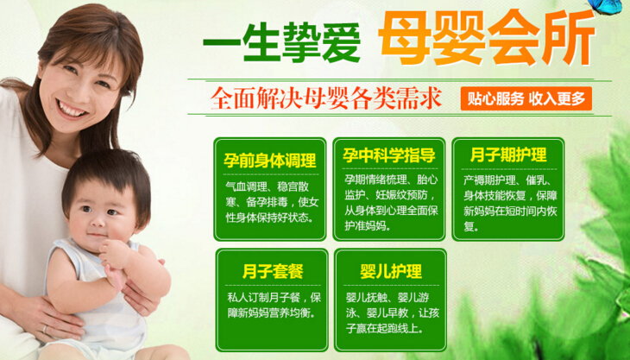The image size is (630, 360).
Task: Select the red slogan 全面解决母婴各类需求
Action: click(x=326, y=98)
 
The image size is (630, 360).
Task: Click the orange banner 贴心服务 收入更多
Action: click(x=526, y=98)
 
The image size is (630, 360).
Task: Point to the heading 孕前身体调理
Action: click(x=270, y=161)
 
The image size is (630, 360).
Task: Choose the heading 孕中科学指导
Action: click(x=389, y=155)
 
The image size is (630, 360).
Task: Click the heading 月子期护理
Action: click(x=508, y=155)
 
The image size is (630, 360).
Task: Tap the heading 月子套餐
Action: click(x=273, y=271)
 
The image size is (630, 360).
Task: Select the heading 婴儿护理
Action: click(x=391, y=271)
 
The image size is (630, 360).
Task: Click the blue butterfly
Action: click(x=605, y=7)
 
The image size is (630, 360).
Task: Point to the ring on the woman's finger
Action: click(x=45, y=330)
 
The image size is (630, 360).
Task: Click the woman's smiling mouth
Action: click(x=72, y=109)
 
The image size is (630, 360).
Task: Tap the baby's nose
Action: click(x=98, y=223)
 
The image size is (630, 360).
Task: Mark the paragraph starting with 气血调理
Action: click(x=272, y=203)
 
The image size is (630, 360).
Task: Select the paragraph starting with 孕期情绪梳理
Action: click(x=391, y=203)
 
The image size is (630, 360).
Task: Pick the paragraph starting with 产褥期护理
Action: click(x=510, y=203)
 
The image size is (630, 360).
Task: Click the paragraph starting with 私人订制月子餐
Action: click(x=274, y=306)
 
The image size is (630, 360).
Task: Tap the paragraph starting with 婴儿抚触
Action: click(x=393, y=313)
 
